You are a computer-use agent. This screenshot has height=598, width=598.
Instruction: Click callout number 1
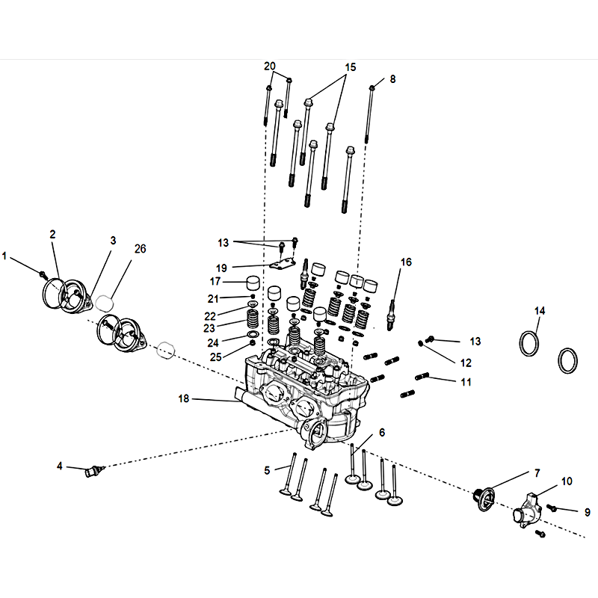click(x=4, y=256)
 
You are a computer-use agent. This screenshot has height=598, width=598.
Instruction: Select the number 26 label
click(x=140, y=249)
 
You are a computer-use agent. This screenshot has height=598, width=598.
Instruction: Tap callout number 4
click(x=60, y=466)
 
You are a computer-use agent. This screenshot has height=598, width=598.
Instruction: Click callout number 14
click(x=540, y=310)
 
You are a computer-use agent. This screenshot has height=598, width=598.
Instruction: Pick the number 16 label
click(x=406, y=262)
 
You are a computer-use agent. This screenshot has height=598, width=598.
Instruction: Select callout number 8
click(x=392, y=78)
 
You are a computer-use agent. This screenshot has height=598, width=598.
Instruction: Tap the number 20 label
click(x=270, y=66)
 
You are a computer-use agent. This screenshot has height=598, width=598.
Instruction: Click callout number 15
click(x=350, y=67)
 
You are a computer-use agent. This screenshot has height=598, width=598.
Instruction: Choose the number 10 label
click(x=567, y=481)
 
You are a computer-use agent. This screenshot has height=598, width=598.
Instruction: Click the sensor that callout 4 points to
click(x=94, y=471)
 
